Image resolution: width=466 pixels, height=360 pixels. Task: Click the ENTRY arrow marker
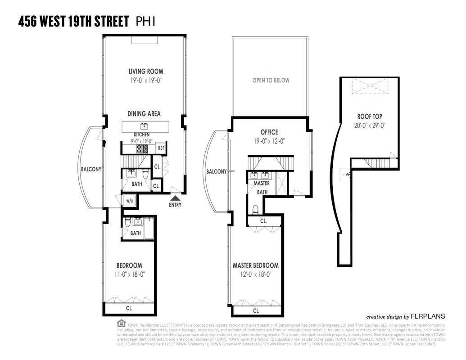(x=175, y=197)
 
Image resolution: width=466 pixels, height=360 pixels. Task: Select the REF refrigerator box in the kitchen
(x=161, y=148)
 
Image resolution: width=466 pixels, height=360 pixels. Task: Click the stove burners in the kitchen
(x=145, y=148)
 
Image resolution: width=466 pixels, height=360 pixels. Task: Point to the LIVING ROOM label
(x=146, y=71)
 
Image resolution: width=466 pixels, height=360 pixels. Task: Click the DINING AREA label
(x=144, y=114)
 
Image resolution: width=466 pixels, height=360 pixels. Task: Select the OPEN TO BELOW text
(x=271, y=81)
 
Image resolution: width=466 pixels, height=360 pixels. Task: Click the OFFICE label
(x=269, y=132)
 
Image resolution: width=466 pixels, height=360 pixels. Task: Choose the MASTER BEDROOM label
(x=255, y=265)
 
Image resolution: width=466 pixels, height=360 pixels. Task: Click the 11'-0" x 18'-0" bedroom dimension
(x=129, y=274)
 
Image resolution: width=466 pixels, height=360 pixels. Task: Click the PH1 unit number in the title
(x=145, y=21)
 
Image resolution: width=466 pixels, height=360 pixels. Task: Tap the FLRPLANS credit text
(x=428, y=316)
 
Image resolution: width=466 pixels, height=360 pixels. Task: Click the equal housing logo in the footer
(x=121, y=323)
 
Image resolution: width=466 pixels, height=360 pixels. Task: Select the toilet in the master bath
(x=255, y=209)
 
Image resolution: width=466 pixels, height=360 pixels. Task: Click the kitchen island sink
(x=145, y=125)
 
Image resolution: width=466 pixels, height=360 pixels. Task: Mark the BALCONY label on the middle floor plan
(x=216, y=171)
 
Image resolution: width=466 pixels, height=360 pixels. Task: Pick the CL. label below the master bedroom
(x=256, y=310)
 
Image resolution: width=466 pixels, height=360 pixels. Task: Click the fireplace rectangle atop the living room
(x=144, y=40)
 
